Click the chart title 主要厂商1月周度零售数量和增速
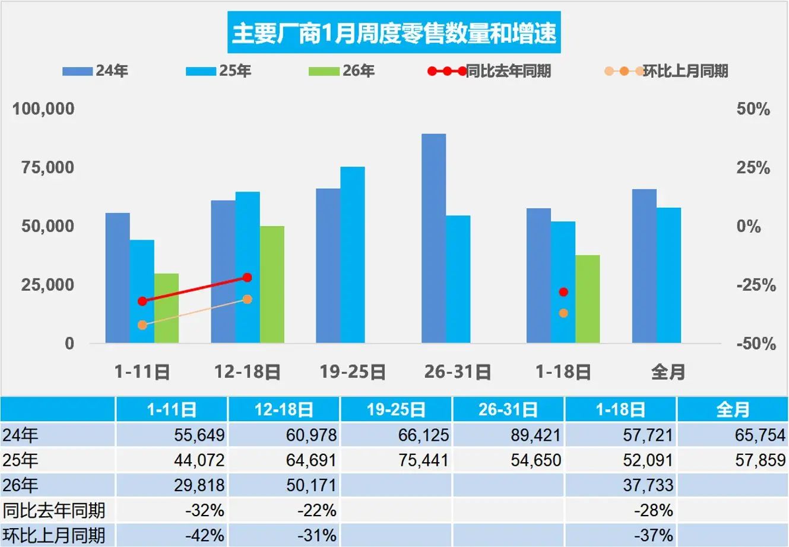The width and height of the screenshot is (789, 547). [x=394, y=33]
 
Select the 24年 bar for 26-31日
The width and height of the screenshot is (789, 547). [x=433, y=238]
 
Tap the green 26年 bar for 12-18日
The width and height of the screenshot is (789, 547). [x=272, y=285]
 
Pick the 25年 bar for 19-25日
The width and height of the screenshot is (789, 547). [x=352, y=255]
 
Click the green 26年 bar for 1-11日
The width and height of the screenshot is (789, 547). [x=166, y=309]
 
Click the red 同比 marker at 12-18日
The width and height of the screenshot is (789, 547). [x=248, y=278]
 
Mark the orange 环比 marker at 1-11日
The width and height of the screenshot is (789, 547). [x=142, y=325]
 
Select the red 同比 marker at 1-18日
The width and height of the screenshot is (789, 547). [x=563, y=292]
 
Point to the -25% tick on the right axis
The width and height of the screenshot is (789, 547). [x=756, y=285]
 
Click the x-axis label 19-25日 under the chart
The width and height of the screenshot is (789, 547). [x=353, y=372]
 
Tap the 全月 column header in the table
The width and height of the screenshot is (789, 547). [x=733, y=409]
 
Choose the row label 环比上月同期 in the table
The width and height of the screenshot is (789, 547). [x=55, y=535]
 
